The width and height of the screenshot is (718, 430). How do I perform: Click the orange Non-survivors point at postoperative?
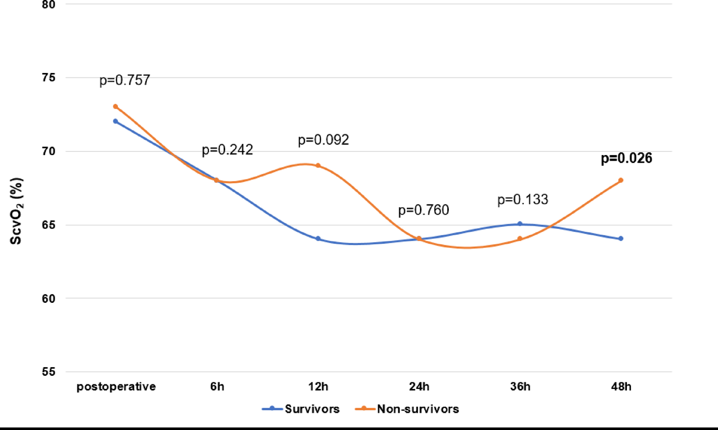point(115,106)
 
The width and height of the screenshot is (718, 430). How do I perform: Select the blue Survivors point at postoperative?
point(115,121)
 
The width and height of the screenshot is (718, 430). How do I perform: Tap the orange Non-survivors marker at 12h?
point(318,166)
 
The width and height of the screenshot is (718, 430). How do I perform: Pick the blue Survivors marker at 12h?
point(318,239)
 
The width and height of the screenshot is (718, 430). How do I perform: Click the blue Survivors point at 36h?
point(520,224)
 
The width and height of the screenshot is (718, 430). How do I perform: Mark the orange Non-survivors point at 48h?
point(621,180)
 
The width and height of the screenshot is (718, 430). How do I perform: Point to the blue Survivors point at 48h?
point(621,239)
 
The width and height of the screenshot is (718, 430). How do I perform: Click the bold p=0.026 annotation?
point(626,159)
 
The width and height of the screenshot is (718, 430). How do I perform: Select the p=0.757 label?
point(124,80)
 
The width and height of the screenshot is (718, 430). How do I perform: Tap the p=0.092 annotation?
point(323,140)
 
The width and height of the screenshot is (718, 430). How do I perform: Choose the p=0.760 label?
point(424,210)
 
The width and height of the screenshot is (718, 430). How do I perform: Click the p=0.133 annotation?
point(523,200)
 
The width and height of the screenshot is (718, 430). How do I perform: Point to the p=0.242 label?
point(227,150)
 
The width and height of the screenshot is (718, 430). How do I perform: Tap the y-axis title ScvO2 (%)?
point(16,211)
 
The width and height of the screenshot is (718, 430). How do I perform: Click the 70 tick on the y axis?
point(49,151)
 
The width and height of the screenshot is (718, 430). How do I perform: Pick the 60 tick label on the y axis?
point(49,298)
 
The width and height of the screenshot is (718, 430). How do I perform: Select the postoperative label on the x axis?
point(116,387)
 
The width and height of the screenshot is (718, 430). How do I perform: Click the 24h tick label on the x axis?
point(419,387)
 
